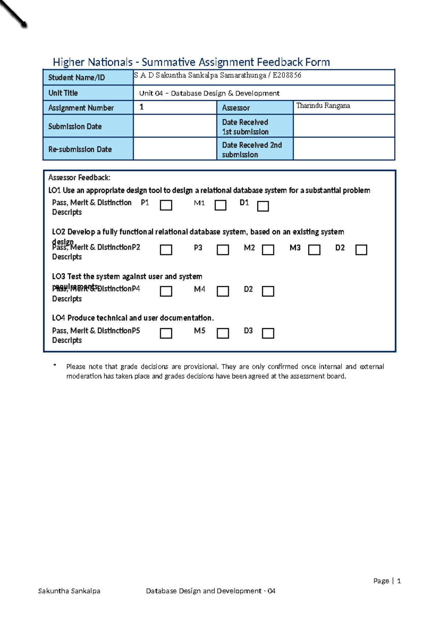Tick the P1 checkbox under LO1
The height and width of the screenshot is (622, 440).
pos(166,205)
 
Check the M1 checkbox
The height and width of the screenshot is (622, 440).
pos(220,205)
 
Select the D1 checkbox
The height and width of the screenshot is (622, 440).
pos(263,206)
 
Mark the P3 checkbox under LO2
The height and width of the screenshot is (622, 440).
pos(223,250)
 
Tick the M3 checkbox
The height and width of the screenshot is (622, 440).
pos(314,250)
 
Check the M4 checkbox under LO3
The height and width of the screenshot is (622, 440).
pos(223,291)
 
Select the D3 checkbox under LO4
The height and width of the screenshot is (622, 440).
pos(268,333)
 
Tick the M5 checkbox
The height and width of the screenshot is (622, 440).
pos(223,333)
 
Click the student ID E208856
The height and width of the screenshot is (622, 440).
pos(287,75)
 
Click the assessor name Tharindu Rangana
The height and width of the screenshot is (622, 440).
pos(323,106)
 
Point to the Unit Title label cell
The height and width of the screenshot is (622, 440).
pos(88,93)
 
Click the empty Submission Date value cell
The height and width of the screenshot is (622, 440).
pos(175,126)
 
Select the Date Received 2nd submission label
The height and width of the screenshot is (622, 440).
pos(254,150)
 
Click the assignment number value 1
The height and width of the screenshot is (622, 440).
pos(142,107)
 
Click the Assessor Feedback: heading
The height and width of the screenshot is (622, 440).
pos(79,178)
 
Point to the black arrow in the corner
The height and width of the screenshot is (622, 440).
pos(14,14)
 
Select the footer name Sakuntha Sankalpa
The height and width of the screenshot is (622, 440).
pos(69,591)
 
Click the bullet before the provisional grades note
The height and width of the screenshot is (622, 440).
pos(55,365)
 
